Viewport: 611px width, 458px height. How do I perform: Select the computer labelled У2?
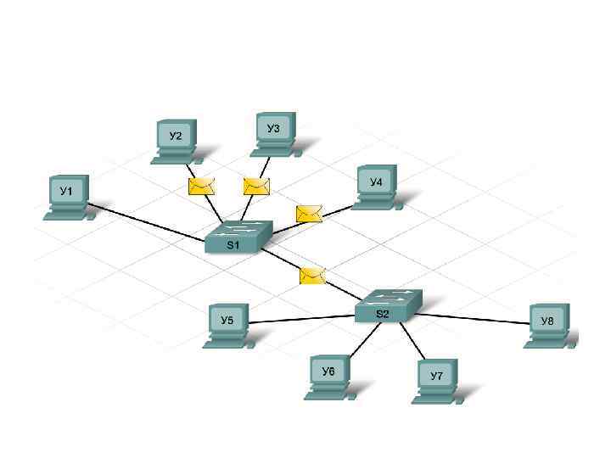176,140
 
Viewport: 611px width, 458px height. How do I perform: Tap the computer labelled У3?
274,132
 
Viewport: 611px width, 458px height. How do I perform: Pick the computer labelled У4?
376,186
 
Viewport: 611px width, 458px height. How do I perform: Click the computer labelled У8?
548,325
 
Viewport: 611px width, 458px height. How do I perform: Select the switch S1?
238,237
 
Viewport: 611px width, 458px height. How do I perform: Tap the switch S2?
387,305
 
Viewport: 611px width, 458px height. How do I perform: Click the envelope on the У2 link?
201,187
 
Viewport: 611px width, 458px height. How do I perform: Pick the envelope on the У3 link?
255,186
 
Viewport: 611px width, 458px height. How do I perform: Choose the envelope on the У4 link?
309,214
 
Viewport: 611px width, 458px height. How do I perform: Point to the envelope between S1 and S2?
312,275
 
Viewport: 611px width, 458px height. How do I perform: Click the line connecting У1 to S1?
144,218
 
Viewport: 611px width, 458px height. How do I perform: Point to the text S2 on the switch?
383,314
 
